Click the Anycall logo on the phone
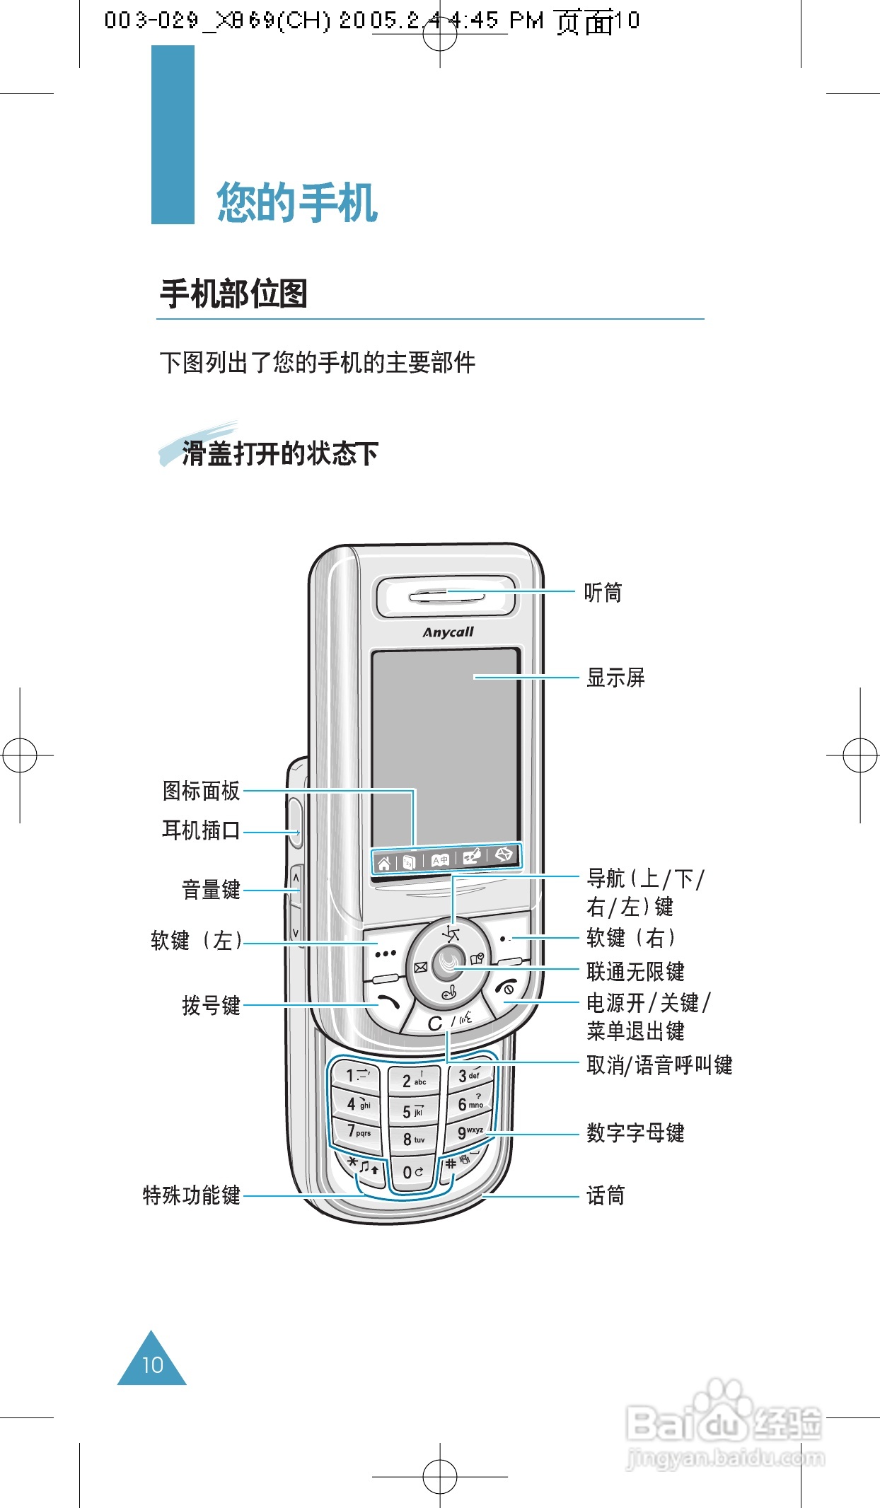pos(448,632)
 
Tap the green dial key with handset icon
pos(388,1002)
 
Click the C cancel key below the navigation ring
pos(436,1023)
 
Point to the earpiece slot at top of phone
pos(446,596)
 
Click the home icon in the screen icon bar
pos(383,863)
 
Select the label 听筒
pos(603,593)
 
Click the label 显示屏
pos(615,678)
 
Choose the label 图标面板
pos(202,791)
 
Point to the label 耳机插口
pos(202,830)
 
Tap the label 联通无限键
pos(635,972)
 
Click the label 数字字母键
pos(635,1133)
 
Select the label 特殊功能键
pos(192,1195)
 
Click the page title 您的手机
pos(297,203)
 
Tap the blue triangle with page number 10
pos(152,1362)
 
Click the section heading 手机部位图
pos(233,294)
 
